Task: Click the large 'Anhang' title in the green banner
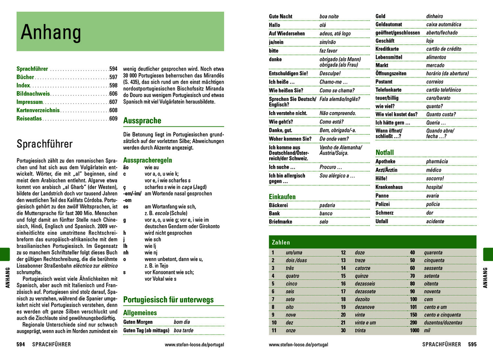(51, 32)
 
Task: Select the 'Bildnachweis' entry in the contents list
(33, 94)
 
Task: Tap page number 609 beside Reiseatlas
(113, 118)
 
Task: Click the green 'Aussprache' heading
(142, 120)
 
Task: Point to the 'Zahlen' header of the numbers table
(281, 242)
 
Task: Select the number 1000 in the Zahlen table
(415, 331)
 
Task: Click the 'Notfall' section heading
(385, 153)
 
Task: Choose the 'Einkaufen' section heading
(282, 197)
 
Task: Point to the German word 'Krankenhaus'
(389, 187)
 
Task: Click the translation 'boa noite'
(329, 16)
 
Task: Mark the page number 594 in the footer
(21, 345)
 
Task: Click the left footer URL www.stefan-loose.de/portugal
(194, 345)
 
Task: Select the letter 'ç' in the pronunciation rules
(125, 187)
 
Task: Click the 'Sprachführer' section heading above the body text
(44, 144)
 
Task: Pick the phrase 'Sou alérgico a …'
(337, 176)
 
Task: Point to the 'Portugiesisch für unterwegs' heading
(168, 300)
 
